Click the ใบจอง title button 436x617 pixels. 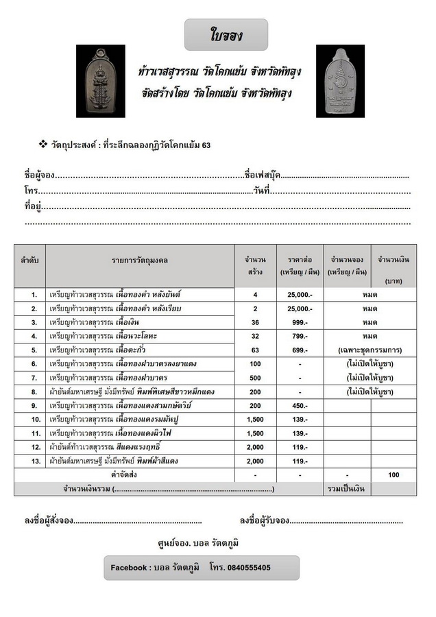tap(226, 34)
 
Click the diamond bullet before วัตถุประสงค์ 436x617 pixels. tap(42, 145)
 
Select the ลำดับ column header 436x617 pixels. tap(29, 261)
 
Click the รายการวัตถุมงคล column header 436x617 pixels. tap(141, 261)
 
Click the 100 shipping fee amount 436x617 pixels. tap(393, 475)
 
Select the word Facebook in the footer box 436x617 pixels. tap(130, 568)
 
